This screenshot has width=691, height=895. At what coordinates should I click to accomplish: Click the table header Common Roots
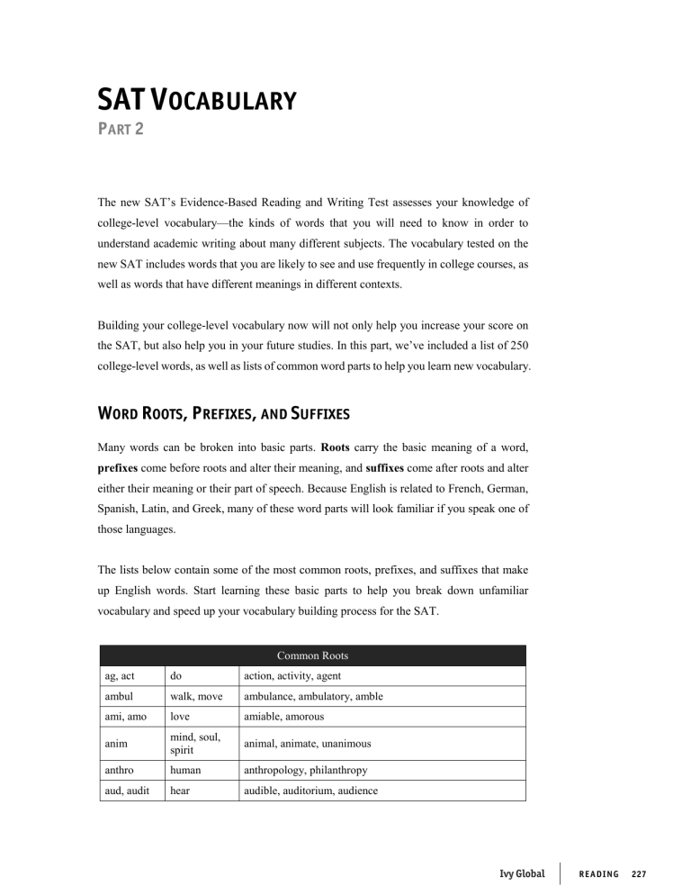point(312,655)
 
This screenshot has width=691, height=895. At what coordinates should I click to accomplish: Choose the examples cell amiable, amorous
point(285,717)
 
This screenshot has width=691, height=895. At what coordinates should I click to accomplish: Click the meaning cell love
point(175,717)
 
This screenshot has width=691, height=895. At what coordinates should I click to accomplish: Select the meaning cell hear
point(176,792)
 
